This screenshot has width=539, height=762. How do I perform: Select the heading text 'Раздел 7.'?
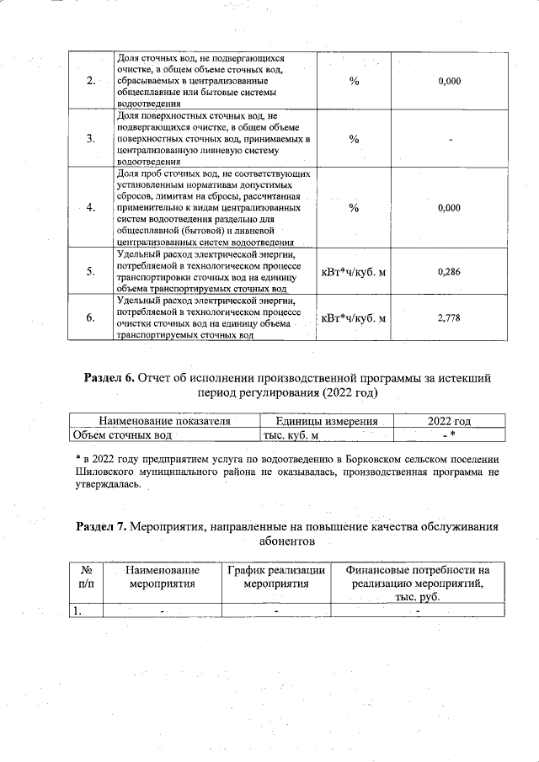tap(104, 527)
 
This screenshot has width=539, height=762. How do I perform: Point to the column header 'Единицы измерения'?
tap(324, 420)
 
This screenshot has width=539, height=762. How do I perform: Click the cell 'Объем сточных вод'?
tap(123, 434)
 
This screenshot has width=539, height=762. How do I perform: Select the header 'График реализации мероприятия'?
tap(276, 576)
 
